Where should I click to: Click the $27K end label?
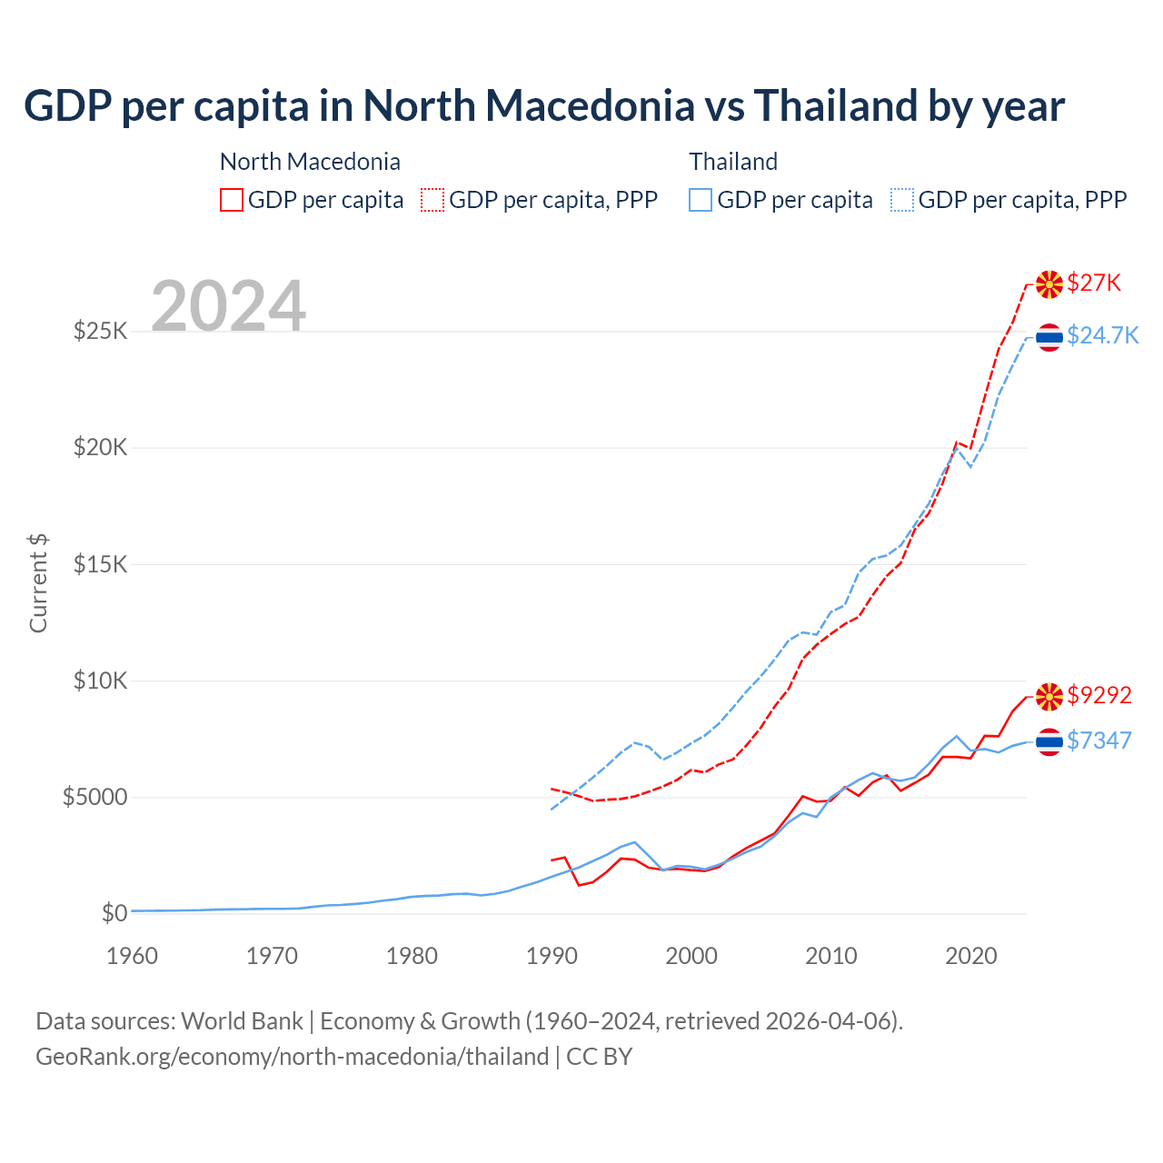(1094, 283)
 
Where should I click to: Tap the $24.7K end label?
(1102, 335)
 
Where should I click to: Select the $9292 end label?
(1099, 695)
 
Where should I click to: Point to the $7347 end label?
(1099, 741)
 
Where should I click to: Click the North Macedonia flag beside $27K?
(1049, 283)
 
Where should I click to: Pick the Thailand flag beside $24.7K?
(1049, 336)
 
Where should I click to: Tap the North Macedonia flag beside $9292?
(1049, 696)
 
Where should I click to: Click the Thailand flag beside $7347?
(1049, 741)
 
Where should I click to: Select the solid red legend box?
(232, 200)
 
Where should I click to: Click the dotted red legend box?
(432, 200)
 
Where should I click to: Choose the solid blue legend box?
(701, 200)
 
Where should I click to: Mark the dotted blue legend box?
(902, 200)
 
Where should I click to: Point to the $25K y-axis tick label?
(100, 331)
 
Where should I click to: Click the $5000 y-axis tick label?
(94, 797)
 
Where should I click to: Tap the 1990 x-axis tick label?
(552, 956)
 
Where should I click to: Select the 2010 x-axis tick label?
(831, 956)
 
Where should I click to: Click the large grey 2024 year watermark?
(228, 306)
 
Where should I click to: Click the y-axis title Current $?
(38, 583)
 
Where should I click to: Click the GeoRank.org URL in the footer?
(292, 1057)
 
